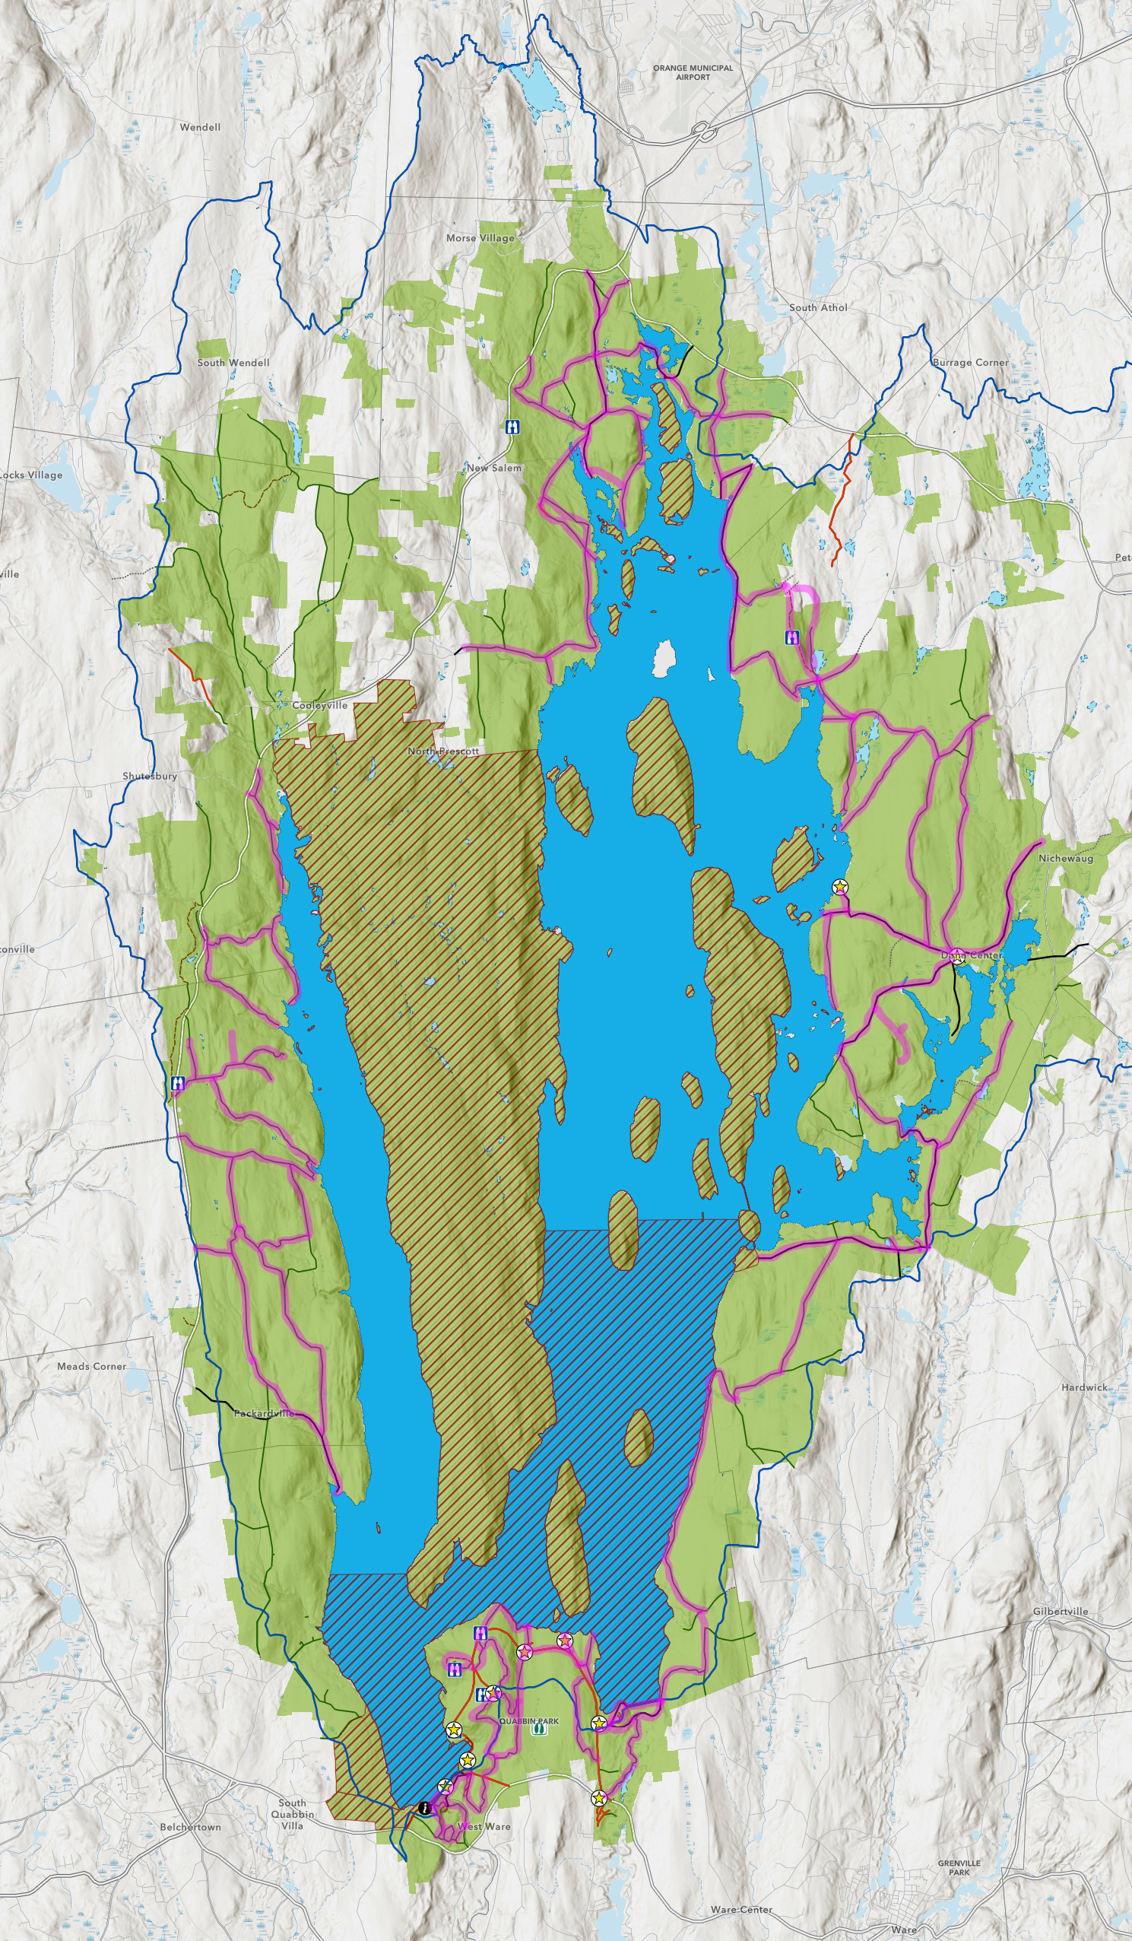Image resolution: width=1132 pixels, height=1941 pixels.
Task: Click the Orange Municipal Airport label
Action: (693, 72)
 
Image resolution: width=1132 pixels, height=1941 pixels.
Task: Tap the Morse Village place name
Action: (480, 238)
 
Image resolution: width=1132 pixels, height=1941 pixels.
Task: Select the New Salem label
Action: (493, 468)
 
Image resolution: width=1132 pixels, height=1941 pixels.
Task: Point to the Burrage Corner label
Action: (970, 362)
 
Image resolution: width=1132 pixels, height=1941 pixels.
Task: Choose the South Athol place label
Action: (818, 307)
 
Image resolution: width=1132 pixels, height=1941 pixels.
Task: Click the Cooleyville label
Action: (319, 705)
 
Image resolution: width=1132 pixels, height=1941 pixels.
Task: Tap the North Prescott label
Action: (442, 751)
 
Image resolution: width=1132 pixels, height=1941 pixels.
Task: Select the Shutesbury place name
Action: (150, 776)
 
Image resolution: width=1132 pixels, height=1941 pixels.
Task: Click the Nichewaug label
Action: (1065, 858)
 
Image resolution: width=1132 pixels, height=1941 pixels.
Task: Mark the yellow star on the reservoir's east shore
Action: (840, 888)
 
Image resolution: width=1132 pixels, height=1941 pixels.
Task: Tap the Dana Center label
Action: (971, 955)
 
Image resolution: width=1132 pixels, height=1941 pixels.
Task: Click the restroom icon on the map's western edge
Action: (178, 1084)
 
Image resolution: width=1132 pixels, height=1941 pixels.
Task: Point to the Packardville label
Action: (264, 1413)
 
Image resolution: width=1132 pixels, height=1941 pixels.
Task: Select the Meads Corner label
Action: (92, 1366)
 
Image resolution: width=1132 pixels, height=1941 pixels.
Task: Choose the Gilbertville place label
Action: (1061, 1611)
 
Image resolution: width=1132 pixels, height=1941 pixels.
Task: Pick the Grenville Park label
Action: (959, 1867)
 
